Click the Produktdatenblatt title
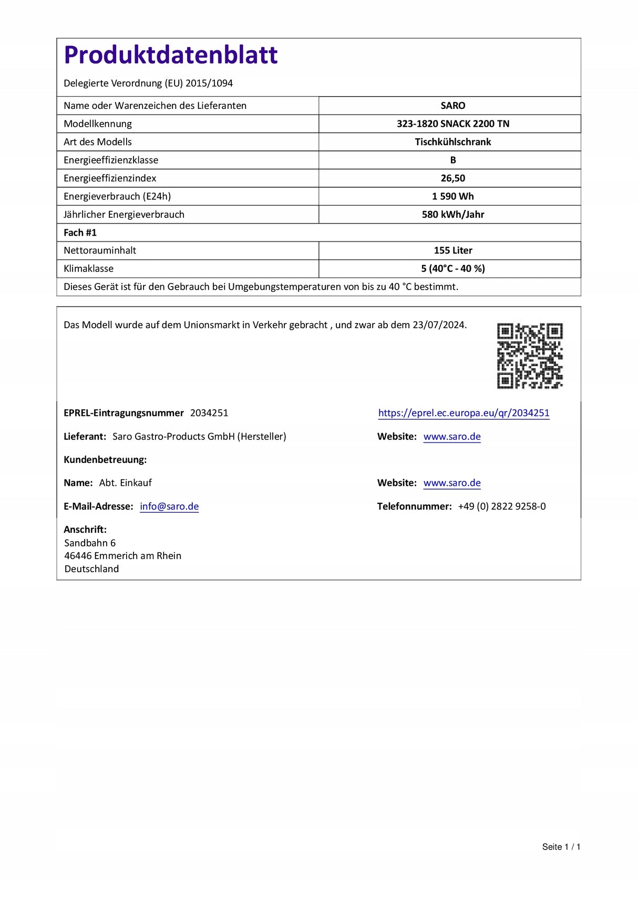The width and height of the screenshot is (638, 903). [170, 55]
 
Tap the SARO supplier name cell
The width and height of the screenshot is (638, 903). [452, 106]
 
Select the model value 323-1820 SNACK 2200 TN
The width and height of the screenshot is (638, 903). [452, 124]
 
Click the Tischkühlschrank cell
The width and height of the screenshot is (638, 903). [452, 142]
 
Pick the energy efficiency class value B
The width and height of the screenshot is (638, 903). [452, 160]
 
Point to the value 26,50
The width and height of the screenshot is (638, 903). [452, 178]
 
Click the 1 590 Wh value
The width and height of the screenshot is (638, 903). [452, 196]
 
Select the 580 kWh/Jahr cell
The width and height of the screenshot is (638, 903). [452, 215]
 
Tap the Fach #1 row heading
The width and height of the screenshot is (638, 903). [80, 232]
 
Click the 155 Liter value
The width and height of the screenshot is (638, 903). [452, 250]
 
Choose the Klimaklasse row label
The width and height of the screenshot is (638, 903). [88, 269]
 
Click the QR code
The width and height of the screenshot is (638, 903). [530, 356]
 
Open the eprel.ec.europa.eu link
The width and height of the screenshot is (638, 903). [464, 413]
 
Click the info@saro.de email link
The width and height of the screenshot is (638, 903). [169, 506]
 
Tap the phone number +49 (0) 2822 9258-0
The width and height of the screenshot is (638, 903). [501, 506]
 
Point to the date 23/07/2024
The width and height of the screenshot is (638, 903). [439, 325]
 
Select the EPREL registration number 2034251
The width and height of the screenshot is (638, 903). [209, 413]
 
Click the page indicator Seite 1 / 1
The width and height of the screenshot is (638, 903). [561, 847]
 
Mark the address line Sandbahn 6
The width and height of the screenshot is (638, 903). [90, 543]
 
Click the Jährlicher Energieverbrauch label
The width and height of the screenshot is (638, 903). [124, 215]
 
